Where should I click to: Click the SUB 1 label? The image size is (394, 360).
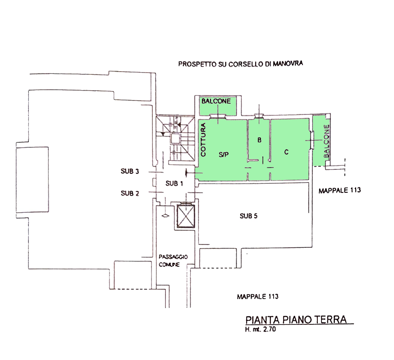[x=174, y=184]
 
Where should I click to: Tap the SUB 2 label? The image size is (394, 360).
[x=130, y=193]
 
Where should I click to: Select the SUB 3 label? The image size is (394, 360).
[x=130, y=171]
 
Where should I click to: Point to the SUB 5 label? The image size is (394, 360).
[x=248, y=216]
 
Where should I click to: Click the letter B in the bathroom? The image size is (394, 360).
[x=259, y=140]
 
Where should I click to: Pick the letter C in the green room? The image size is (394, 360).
[x=286, y=152]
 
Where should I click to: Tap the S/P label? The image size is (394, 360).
[x=224, y=155]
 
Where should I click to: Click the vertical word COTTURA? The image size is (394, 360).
[x=203, y=140]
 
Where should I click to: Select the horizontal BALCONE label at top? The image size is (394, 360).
[x=216, y=101]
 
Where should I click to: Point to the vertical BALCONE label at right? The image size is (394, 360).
[x=326, y=141]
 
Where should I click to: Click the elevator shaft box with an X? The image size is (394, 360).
[x=186, y=216]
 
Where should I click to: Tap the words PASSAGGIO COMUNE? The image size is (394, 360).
[x=173, y=261]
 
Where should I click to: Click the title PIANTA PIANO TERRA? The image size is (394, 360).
[x=296, y=320]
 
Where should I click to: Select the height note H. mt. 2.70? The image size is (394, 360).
[x=260, y=329]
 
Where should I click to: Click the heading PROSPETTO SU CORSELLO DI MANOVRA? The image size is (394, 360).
[x=240, y=64]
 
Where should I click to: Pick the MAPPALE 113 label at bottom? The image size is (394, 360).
[x=257, y=296]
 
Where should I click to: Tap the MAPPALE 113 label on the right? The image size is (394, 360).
[x=339, y=191]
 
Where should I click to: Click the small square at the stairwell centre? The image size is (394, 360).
[x=175, y=139]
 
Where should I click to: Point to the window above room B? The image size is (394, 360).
[x=259, y=116]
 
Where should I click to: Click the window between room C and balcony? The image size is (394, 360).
[x=312, y=140]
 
